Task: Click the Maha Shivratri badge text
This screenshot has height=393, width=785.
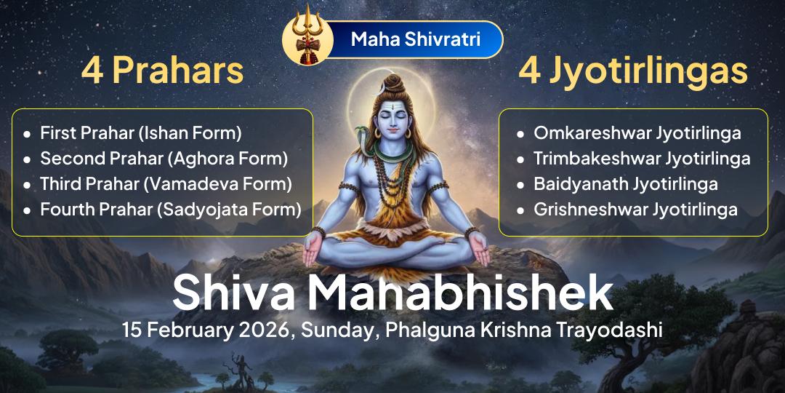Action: tap(415, 39)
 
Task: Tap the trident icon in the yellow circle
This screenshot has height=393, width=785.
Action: tap(302, 39)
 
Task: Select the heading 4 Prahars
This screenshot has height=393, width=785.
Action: tap(161, 71)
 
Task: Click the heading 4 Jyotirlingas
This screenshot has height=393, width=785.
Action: tap(633, 71)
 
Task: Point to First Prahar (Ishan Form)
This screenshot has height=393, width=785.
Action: tap(140, 133)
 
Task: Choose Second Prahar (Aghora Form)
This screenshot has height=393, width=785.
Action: tap(164, 158)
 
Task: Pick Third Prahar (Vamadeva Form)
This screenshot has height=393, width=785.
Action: tap(166, 183)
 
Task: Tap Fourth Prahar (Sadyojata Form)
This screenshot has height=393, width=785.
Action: tap(170, 210)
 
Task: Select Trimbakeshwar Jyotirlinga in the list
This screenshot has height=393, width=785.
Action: tap(641, 158)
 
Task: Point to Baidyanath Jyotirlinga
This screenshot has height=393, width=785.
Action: tap(625, 183)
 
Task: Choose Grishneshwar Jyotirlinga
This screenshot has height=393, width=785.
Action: tap(635, 210)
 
